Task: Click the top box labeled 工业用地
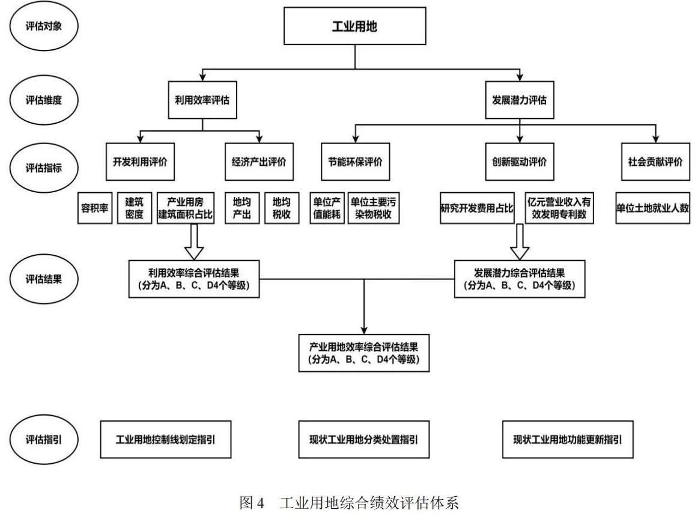[x=355, y=26]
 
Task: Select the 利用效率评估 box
[x=202, y=100]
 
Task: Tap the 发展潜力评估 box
[x=520, y=100]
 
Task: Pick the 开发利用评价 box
[x=140, y=162]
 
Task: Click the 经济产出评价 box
[x=259, y=162]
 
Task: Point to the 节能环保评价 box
[x=355, y=162]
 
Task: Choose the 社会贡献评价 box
[x=655, y=162]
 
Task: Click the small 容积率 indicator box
[x=95, y=208]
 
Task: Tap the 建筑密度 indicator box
[x=135, y=208]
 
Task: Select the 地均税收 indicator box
[x=282, y=208]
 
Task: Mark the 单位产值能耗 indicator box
[x=327, y=208]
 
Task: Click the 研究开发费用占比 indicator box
[x=477, y=208]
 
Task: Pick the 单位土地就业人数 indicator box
[x=652, y=208]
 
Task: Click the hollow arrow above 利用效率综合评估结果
[x=194, y=241]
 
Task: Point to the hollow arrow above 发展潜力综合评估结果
[x=520, y=241]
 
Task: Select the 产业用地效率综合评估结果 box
[x=363, y=353]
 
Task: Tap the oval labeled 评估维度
[x=44, y=100]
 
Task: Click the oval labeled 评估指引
[x=44, y=439]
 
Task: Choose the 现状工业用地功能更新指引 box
[x=568, y=439]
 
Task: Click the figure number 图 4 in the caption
[x=252, y=503]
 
